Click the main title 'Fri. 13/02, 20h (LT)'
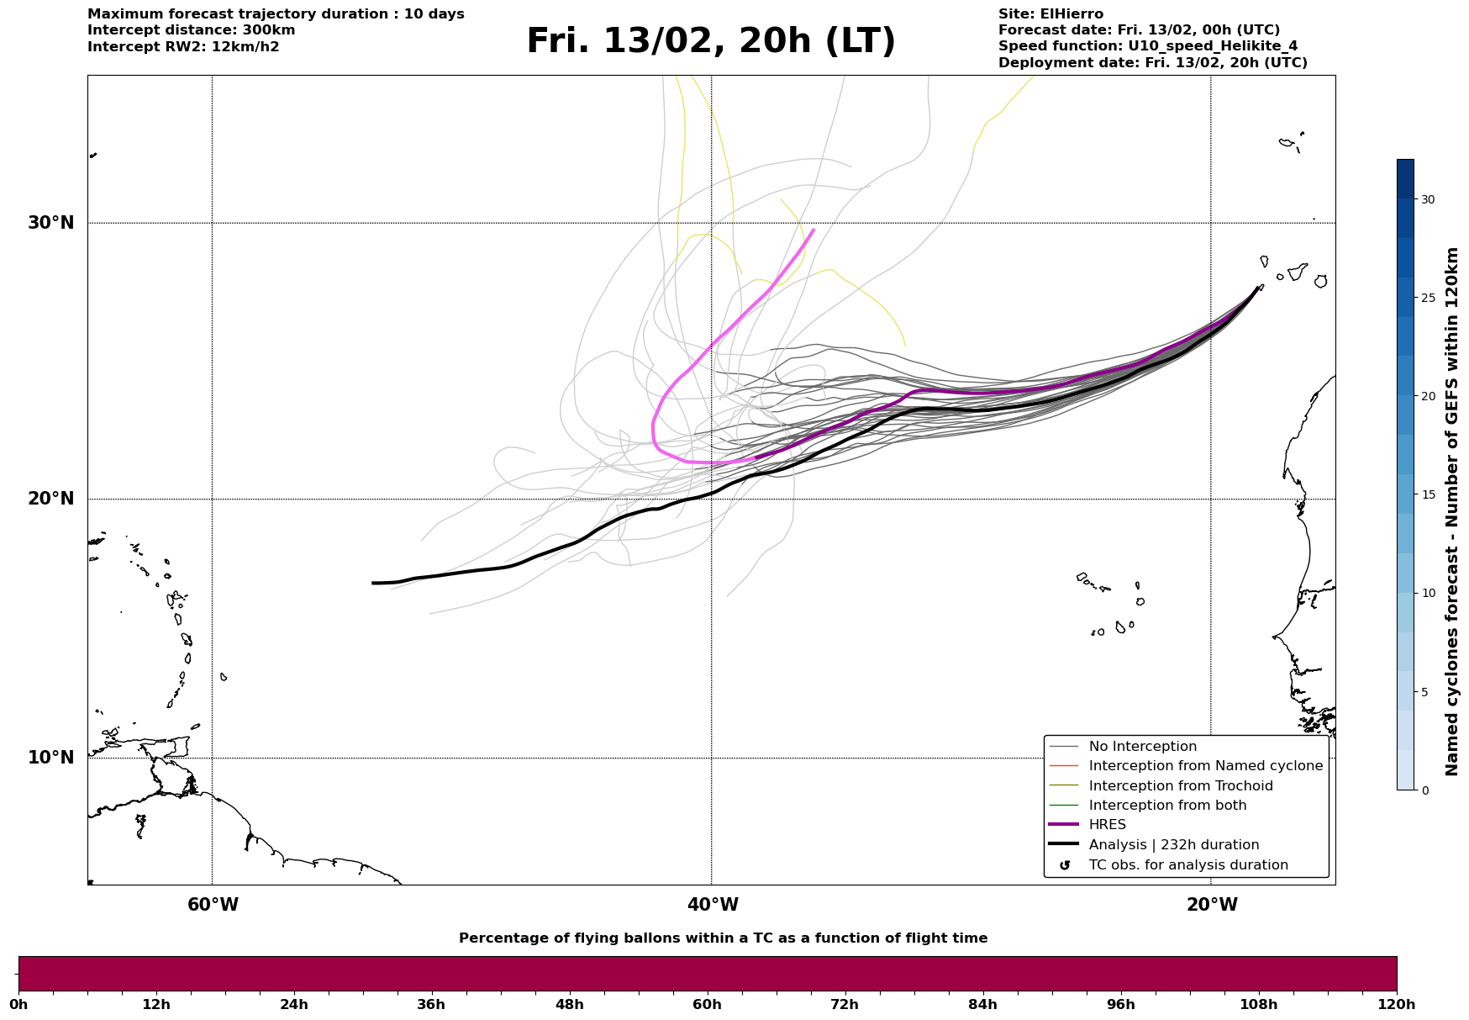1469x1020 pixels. click(711, 41)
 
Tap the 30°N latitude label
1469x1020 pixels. click(51, 223)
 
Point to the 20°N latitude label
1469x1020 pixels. click(51, 499)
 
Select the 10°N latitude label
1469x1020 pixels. click(51, 758)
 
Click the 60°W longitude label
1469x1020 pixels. click(213, 905)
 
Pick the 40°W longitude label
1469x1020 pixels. click(713, 905)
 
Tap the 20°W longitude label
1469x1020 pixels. click(1212, 905)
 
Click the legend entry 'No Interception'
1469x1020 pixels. click(1142, 747)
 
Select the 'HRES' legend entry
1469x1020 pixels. click(1107, 825)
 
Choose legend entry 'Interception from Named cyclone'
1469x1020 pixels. click(1205, 766)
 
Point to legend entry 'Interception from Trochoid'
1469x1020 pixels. click(1180, 786)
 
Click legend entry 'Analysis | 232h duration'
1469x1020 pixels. click(1173, 845)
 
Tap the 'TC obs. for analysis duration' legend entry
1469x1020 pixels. click(1187, 865)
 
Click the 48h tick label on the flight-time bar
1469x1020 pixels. click(569, 1004)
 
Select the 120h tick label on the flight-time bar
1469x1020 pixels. click(1397, 1004)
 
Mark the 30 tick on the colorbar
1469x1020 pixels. click(1428, 199)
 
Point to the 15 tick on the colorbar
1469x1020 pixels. click(1428, 494)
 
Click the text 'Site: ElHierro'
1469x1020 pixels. click(1050, 14)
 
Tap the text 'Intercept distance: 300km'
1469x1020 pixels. click(191, 30)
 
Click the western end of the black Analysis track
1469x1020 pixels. click(374, 583)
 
